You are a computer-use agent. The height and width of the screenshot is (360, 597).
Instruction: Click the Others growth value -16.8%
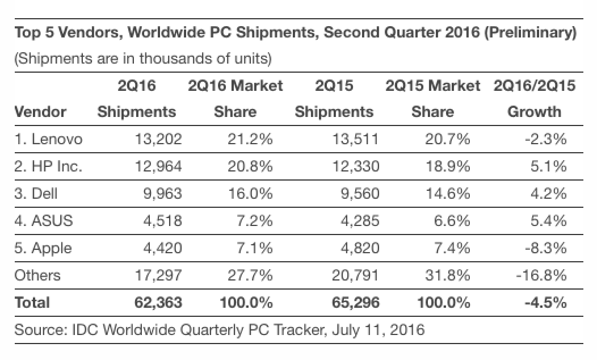pyautogui.click(x=541, y=275)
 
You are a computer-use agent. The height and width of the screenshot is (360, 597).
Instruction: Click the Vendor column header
pyautogui.click(x=40, y=112)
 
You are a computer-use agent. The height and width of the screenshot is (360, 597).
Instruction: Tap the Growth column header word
pyautogui.click(x=534, y=112)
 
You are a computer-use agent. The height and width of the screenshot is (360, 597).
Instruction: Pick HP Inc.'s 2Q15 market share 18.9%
pyautogui.click(x=448, y=166)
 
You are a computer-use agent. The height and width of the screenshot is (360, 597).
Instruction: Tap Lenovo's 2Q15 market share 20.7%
pyautogui.click(x=448, y=139)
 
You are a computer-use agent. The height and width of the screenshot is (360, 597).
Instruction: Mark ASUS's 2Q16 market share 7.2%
pyautogui.click(x=253, y=221)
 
